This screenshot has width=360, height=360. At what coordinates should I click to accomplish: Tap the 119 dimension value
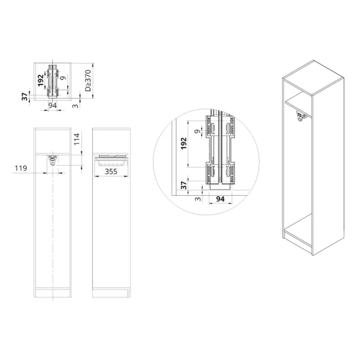20,168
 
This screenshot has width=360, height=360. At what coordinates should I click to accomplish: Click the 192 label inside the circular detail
183,143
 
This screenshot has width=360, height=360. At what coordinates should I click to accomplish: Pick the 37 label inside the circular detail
183,185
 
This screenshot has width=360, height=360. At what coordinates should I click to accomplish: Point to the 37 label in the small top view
24,96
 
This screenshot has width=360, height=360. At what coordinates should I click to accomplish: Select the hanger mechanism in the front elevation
53,159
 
